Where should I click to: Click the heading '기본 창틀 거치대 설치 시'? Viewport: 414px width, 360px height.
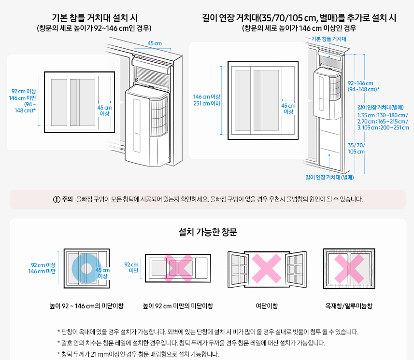94,18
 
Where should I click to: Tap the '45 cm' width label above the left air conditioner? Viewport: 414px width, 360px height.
155,43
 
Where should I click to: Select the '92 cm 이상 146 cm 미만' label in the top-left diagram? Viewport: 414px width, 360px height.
24,101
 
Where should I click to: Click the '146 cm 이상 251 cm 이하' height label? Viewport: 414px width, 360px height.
206,100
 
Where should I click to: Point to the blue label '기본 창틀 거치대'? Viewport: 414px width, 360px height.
329,39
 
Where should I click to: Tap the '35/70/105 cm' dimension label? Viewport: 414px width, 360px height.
357,148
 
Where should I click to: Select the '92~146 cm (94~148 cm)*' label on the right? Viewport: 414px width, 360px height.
363,86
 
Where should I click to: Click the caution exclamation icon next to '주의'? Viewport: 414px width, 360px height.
57,199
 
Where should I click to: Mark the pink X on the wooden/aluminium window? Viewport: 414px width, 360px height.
349,266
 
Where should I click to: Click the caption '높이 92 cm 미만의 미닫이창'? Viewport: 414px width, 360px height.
178,306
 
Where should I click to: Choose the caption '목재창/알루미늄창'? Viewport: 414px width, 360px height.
349,306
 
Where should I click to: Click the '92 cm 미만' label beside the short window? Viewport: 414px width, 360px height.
131,268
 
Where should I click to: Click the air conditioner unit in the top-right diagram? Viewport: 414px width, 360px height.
328,94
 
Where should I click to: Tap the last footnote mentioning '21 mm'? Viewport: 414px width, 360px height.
138,354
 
